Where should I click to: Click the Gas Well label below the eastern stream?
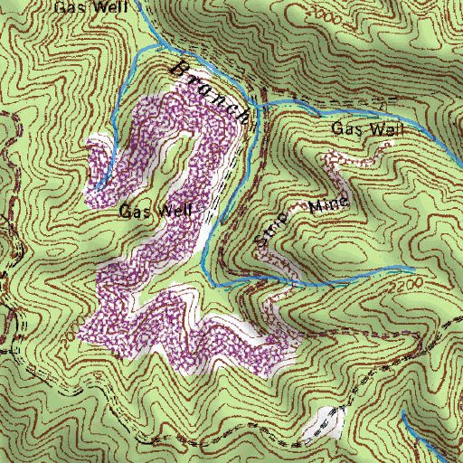tap(367, 129)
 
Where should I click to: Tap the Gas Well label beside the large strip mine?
tap(155, 213)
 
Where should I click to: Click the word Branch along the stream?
tap(210, 91)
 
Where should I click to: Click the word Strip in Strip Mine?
tap(271, 229)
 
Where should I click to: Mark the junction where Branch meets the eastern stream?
tap(256, 105)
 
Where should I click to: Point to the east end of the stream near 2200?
tap(413, 269)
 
